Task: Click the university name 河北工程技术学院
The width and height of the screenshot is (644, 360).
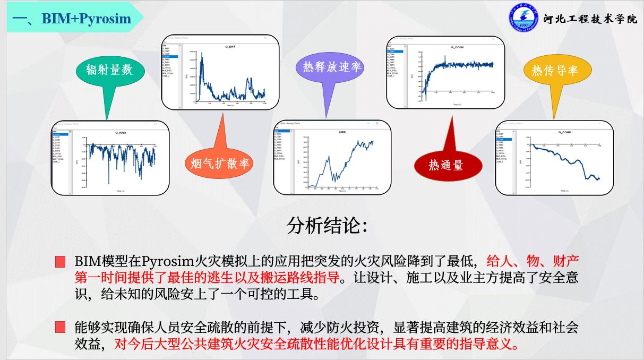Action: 590,19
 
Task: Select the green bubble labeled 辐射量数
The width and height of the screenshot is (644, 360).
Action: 109,70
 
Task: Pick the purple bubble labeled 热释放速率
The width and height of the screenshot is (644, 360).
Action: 332,67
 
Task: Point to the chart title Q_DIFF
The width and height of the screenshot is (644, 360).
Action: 230,47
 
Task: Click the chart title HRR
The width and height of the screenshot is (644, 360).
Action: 342,132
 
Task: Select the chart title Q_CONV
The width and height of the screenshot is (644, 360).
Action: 457,47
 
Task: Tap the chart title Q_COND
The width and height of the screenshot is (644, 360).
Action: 564,132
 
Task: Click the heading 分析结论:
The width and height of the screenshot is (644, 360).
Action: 327,226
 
